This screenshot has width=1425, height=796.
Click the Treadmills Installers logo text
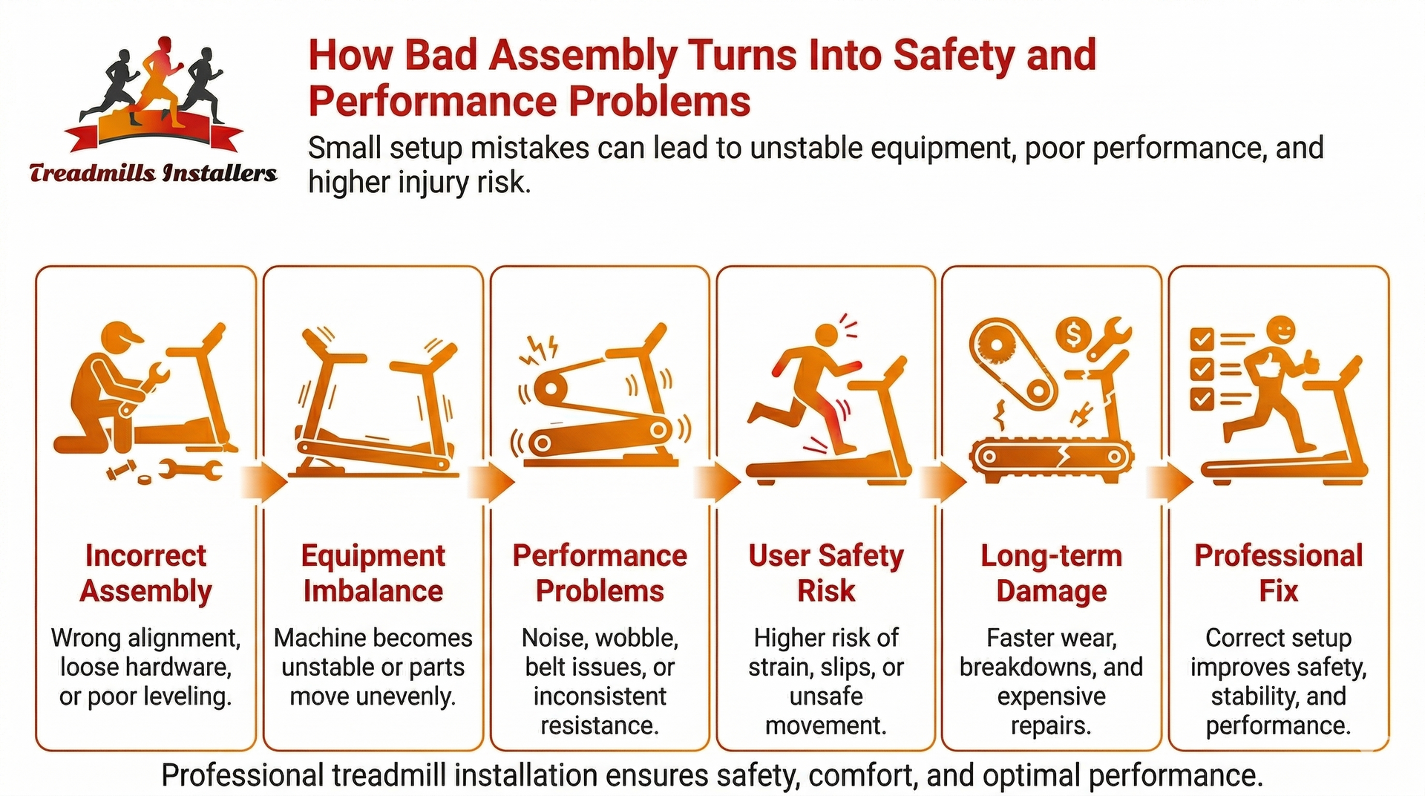pyautogui.click(x=153, y=173)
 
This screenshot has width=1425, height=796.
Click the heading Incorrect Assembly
pyautogui.click(x=145, y=573)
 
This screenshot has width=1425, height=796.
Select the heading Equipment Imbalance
pyautogui.click(x=373, y=573)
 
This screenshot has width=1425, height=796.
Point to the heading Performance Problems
pyautogui.click(x=600, y=573)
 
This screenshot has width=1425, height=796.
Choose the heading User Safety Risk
pyautogui.click(x=826, y=573)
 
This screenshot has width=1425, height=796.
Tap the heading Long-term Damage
pyautogui.click(x=1051, y=573)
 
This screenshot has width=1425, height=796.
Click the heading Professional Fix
pyautogui.click(x=1278, y=573)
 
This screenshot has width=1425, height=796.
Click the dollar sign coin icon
pyautogui.click(x=1073, y=335)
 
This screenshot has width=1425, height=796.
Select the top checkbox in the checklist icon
pyautogui.click(x=1201, y=339)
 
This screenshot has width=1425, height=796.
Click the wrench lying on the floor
pyautogui.click(x=190, y=469)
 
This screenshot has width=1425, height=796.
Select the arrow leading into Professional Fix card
pyautogui.click(x=1169, y=483)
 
